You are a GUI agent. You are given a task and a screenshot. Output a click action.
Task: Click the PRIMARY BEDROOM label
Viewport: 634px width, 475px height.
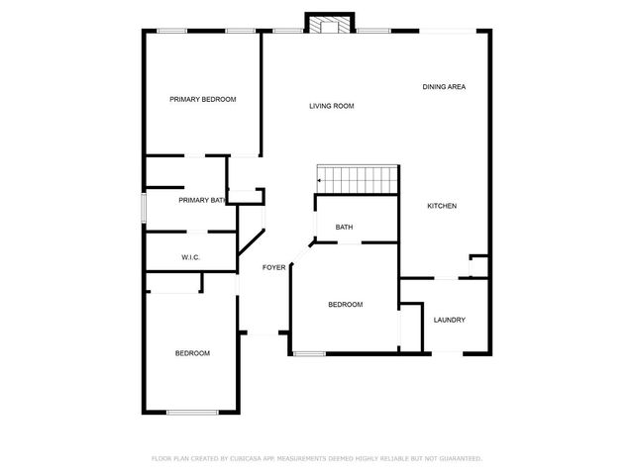tap(202, 99)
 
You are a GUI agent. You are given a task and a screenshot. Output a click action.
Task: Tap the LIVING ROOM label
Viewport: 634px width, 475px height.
tap(331, 106)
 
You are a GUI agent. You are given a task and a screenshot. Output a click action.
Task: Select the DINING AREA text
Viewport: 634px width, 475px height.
tap(444, 87)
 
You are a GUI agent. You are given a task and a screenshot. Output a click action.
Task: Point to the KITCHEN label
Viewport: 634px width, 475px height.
tap(442, 206)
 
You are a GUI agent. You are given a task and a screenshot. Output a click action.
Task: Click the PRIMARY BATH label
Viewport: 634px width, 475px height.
tap(202, 200)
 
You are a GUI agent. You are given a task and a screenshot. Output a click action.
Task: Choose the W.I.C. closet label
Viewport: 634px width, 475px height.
tap(191, 257)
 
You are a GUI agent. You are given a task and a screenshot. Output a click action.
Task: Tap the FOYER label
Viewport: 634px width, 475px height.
tap(273, 267)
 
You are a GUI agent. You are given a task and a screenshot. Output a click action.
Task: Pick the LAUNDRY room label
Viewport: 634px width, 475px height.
tap(450, 320)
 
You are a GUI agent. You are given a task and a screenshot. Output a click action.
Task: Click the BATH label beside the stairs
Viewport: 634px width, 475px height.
tap(344, 228)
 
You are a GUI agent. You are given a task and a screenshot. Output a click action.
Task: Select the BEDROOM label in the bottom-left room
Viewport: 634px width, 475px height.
tap(192, 353)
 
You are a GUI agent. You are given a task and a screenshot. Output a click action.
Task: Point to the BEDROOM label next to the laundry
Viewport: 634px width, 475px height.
tap(345, 305)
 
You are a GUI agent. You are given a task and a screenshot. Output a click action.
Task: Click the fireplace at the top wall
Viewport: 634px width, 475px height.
tap(329, 24)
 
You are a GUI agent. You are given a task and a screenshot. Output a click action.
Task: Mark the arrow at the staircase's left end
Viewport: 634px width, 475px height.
tap(319, 181)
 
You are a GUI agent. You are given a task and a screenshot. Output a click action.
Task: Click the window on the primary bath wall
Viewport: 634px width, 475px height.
tap(145, 208)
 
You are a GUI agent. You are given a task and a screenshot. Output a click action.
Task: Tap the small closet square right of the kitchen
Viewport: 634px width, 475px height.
tap(478, 264)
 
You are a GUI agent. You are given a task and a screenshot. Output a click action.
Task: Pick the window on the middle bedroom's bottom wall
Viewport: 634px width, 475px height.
tap(310, 353)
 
